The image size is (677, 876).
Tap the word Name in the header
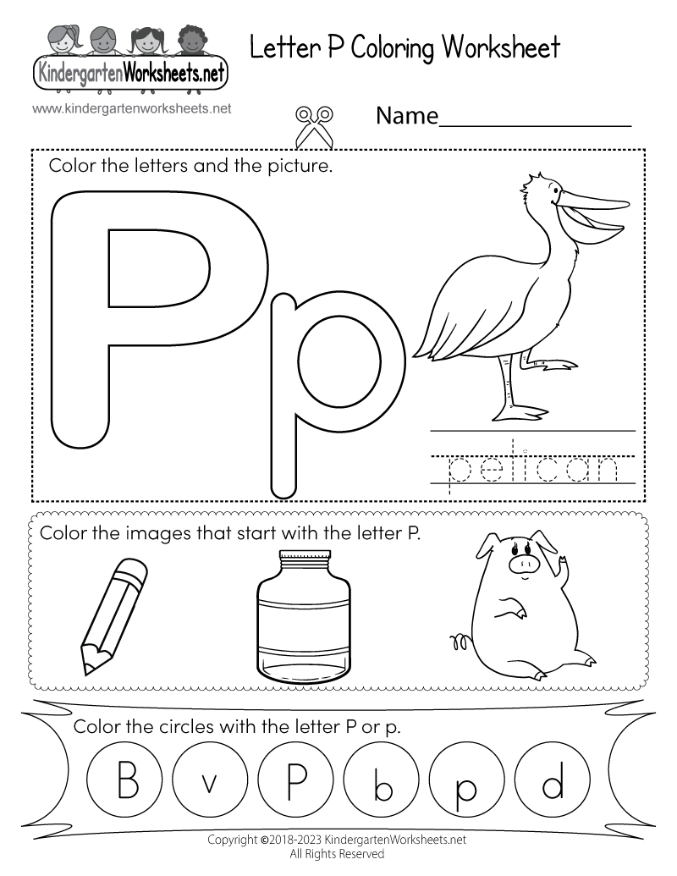click(406, 115)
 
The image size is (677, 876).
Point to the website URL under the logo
click(132, 108)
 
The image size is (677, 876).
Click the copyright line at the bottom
click(338, 840)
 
